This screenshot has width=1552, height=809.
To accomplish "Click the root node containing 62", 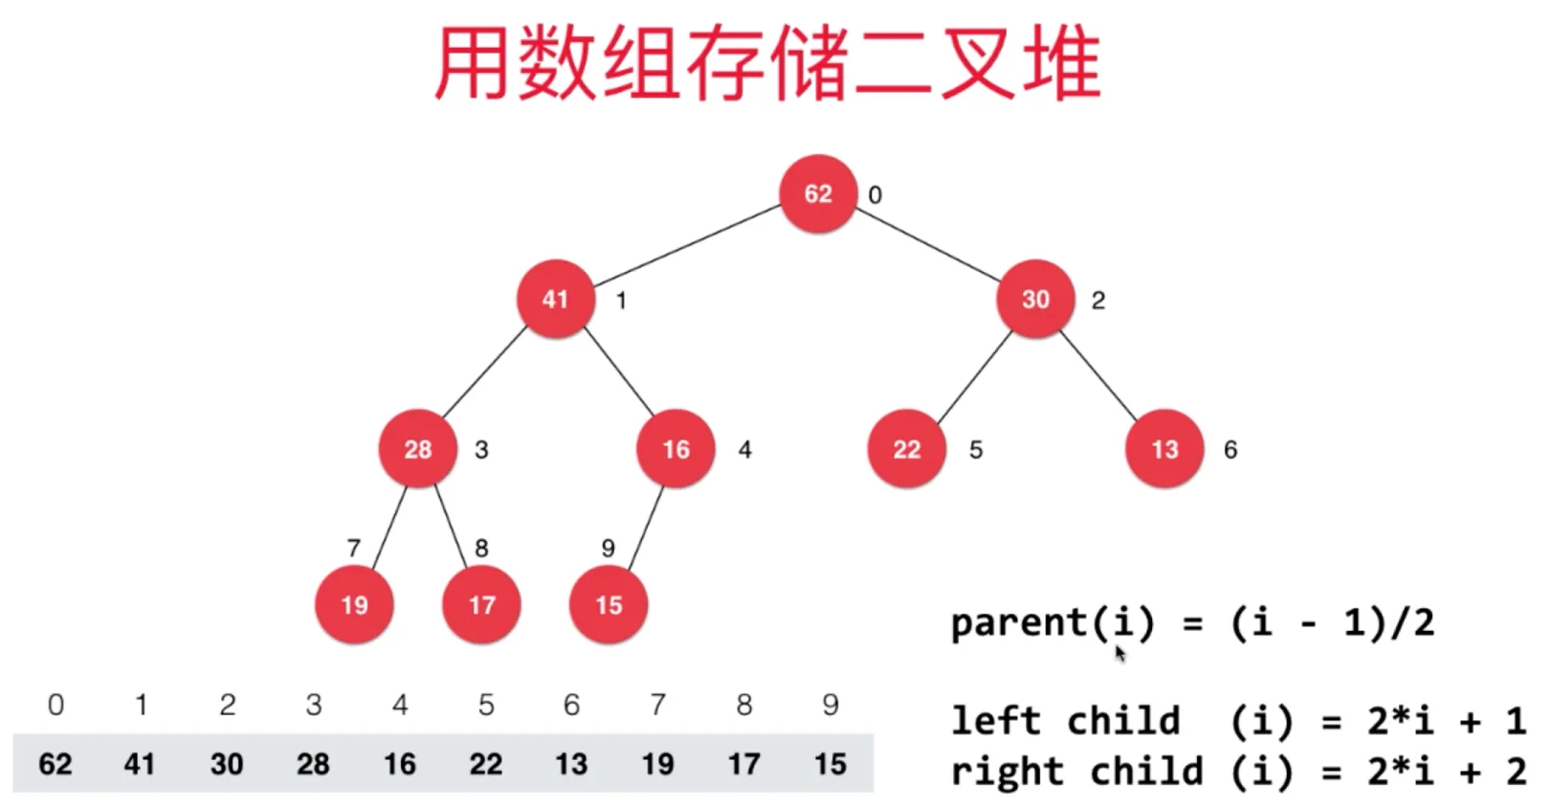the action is point(817,193).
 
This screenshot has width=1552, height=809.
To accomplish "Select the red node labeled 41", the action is point(556,299).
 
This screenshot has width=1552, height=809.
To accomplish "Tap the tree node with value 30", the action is point(1035,299).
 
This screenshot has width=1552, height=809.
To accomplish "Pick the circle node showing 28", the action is point(418,449).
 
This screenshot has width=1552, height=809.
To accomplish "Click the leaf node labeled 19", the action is point(354,605).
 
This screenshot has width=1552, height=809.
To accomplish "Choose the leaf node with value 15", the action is point(609,605).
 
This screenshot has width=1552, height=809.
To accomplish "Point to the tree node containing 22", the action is point(906,449).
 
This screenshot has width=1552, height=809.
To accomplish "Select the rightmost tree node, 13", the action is point(1164,449).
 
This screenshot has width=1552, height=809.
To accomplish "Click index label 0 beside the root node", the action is point(876,195).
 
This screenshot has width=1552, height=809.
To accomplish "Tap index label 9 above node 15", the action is point(609,549).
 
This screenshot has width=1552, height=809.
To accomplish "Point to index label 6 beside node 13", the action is point(1231,450).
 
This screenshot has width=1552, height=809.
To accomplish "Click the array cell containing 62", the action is point(55,764).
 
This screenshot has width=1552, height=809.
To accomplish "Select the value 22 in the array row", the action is point(486,764).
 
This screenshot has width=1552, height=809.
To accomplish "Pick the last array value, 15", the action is point(830,764).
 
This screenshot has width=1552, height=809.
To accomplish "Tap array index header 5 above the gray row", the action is point(486,705).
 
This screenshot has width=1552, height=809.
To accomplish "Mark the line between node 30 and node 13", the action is point(1098,377).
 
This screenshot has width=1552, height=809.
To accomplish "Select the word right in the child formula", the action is point(1008,771).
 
